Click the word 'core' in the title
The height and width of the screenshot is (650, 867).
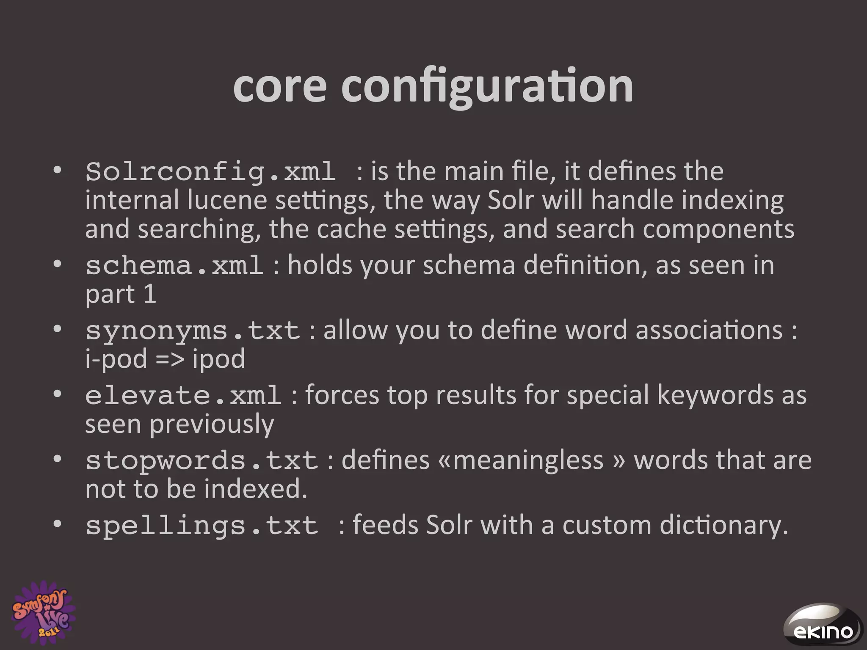pos(280,86)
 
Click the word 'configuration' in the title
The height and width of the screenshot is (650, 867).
pos(487,87)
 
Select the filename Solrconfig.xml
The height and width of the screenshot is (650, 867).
pos(210,172)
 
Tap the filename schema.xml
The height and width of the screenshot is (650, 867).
pos(174,266)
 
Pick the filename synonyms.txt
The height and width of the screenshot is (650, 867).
pos(193,331)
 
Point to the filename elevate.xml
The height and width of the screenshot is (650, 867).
pos(183,395)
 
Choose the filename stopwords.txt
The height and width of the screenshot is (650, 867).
pos(202,460)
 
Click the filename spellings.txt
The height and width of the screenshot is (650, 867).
pos(202,526)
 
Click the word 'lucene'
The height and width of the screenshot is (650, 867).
pos(227,200)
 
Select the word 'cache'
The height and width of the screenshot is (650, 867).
pos(351,229)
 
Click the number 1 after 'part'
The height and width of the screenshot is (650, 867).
pos(150,294)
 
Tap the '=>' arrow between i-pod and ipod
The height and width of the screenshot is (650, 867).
pos(170,359)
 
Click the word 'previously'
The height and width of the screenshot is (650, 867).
pos(212,424)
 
